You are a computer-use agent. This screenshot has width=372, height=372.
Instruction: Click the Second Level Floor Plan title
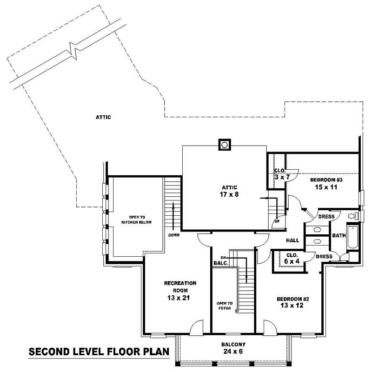[x=99, y=351]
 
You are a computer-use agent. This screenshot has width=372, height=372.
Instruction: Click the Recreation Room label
[x=180, y=290]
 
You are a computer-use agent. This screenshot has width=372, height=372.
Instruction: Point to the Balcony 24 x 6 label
[x=233, y=348]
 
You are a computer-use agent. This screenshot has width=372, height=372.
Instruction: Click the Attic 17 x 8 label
[x=230, y=191]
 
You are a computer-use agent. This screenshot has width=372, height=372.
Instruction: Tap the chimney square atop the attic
[x=224, y=145]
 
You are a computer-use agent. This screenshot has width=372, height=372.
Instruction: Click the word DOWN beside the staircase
[x=174, y=235]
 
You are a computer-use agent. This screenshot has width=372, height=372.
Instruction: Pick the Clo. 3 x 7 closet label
[x=280, y=174]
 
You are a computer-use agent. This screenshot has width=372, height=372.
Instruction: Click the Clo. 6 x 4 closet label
[x=292, y=258]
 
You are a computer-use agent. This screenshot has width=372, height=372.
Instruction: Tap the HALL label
[x=292, y=240]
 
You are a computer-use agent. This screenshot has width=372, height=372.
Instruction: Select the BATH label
[x=339, y=236]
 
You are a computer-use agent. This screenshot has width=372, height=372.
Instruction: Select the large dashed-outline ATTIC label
[x=103, y=117]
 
